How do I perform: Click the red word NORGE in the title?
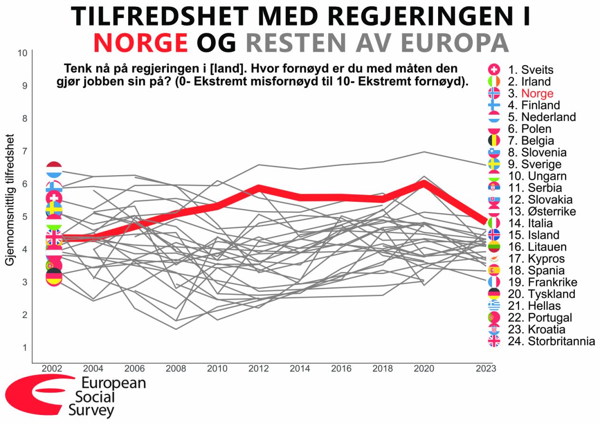[141, 42]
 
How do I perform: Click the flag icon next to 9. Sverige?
[494, 164]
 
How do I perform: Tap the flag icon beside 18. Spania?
[494, 270]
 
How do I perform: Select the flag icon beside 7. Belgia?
[494, 140]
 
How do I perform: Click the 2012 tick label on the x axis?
[259, 369]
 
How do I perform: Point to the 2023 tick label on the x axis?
[486, 369]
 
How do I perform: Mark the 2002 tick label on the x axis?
[52, 369]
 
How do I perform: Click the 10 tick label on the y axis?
[22, 53]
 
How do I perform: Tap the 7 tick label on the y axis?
[24, 151]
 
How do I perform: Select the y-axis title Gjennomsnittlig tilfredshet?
[10, 200]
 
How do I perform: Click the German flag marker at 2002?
[54, 276]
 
